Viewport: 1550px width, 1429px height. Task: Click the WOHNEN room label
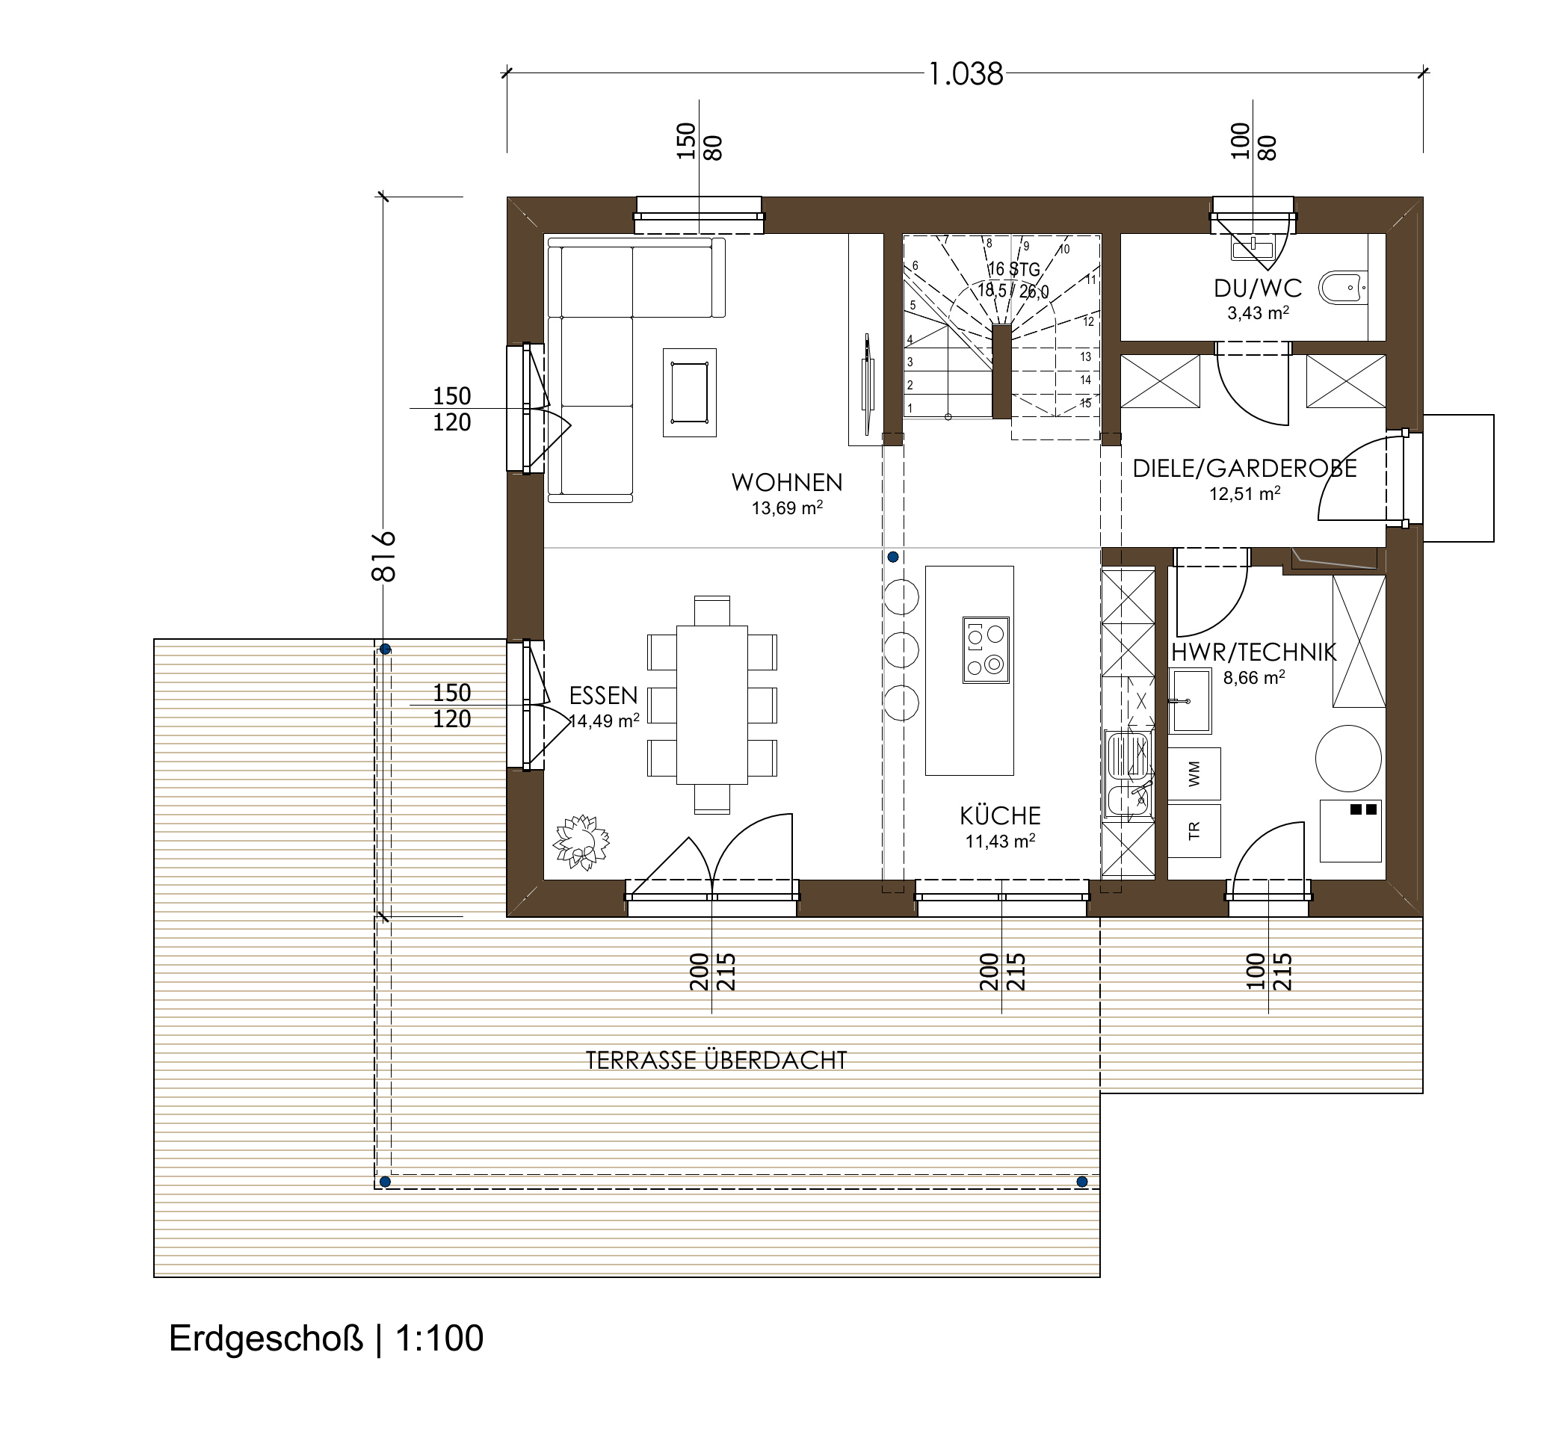[x=787, y=483]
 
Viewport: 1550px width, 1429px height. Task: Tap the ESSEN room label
[x=603, y=696]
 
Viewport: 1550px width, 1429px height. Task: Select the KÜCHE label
[x=1001, y=815]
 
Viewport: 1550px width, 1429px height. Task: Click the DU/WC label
[x=1258, y=288]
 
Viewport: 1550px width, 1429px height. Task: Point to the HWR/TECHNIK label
[x=1253, y=652]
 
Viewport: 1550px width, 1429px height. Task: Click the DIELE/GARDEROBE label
[x=1244, y=468]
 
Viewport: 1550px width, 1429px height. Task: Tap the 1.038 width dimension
[x=965, y=74]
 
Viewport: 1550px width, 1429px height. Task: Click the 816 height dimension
[x=384, y=556]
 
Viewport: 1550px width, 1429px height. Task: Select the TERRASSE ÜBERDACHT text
[x=716, y=1060]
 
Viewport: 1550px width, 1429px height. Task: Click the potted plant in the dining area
[x=581, y=842]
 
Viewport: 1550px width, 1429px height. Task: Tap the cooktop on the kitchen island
[x=986, y=649]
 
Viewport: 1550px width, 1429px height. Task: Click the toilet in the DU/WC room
[x=1344, y=288]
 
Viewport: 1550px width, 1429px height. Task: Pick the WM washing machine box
[x=1194, y=774]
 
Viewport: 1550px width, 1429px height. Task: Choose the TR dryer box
[x=1194, y=831]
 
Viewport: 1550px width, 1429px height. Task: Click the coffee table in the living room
[x=689, y=393]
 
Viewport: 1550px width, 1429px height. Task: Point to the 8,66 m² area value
[x=1254, y=678]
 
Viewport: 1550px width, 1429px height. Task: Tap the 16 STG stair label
[x=1013, y=269]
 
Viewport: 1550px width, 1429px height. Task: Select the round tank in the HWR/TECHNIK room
[x=1348, y=758]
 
